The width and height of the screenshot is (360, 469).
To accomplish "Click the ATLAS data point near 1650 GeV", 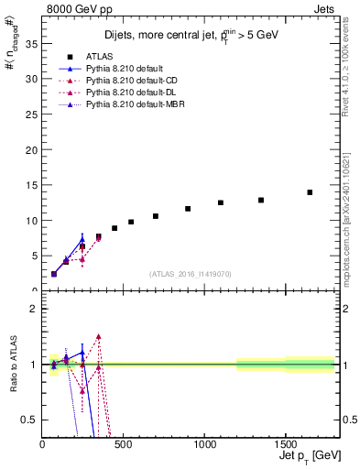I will (310, 192).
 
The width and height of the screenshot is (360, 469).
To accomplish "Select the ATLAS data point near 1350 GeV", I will (261, 200).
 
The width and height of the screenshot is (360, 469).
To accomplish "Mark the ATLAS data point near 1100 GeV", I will (221, 202).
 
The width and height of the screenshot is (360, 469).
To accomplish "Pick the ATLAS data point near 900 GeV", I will (188, 209).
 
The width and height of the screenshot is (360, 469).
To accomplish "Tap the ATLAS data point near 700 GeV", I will (156, 216).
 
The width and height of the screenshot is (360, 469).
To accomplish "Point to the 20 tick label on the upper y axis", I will (31, 150).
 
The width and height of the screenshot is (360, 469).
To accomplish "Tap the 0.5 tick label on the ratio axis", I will (28, 420).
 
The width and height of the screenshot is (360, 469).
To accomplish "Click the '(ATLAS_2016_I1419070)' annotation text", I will (190, 274).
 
